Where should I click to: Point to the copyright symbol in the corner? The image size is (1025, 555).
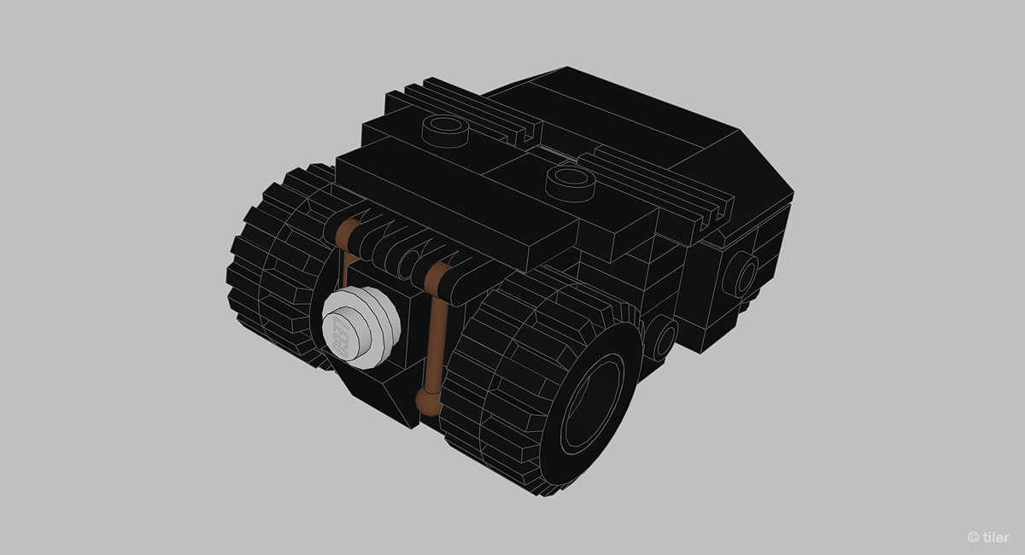973,537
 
